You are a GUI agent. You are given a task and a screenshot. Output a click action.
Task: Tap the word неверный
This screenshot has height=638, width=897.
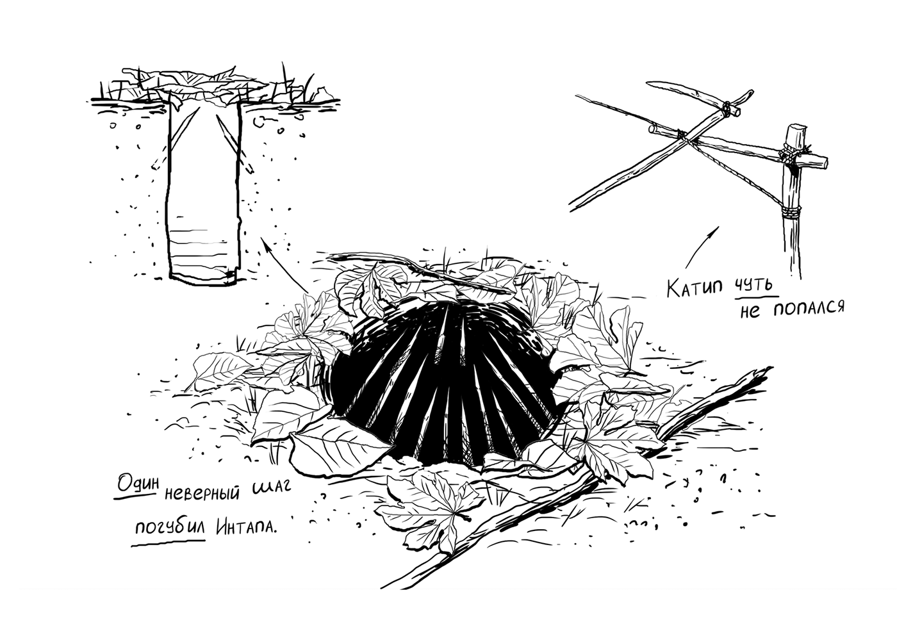point(202,493)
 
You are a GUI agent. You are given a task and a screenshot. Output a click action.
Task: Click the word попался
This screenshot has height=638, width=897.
point(809,308)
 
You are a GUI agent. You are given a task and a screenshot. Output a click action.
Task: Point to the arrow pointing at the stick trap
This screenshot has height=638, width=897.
point(702,247)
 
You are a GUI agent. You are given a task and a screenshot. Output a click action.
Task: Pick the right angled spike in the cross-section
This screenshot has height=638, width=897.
point(235,143)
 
